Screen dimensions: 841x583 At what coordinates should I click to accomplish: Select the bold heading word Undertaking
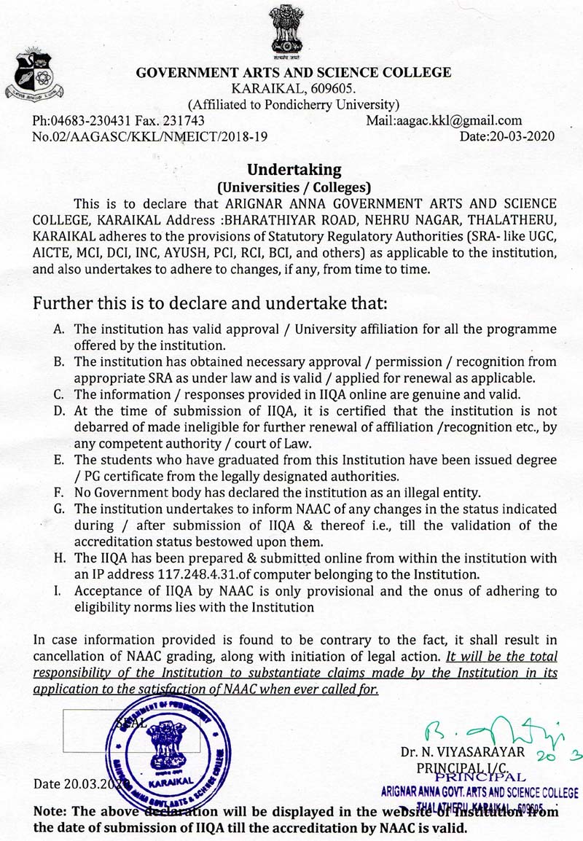[x=294, y=170]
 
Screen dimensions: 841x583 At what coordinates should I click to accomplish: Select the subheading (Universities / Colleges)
[x=294, y=186]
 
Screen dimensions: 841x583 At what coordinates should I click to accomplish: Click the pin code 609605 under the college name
[x=336, y=88]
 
